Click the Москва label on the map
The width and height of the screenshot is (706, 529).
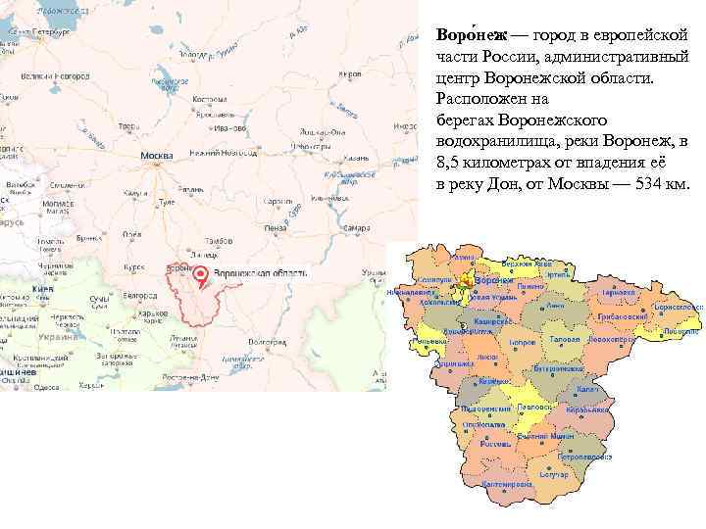pyautogui.click(x=157, y=157)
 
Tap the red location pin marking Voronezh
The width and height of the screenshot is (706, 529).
pyautogui.click(x=200, y=275)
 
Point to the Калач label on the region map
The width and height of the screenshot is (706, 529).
pyautogui.click(x=615, y=389)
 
